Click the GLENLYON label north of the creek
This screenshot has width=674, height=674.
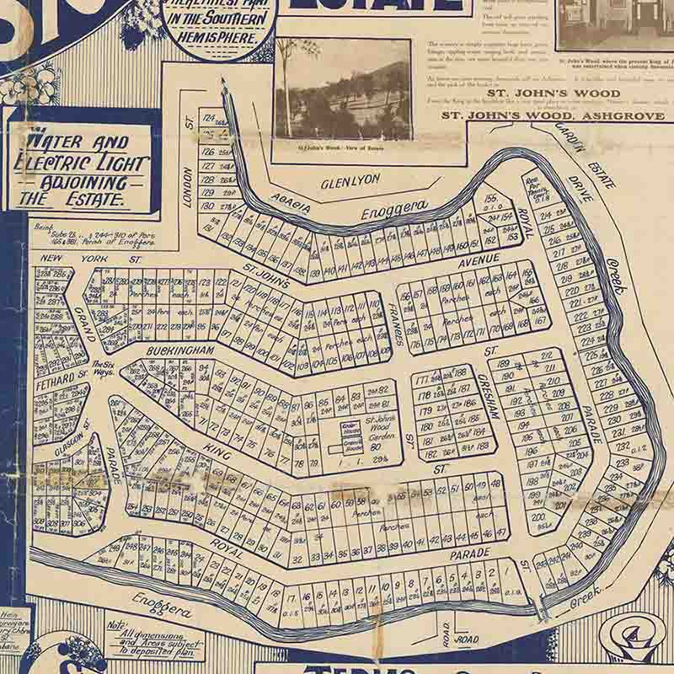tap(350, 179)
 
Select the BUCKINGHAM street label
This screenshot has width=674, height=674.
tap(180, 347)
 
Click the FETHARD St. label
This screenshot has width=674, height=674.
tap(62, 379)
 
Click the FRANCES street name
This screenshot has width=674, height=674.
tap(394, 322)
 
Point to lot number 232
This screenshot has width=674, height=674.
tap(623, 445)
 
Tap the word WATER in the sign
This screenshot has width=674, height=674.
tap(48, 141)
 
